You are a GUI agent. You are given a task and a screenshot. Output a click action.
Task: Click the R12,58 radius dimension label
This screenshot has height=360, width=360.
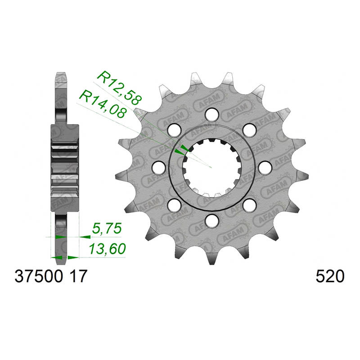(119, 88)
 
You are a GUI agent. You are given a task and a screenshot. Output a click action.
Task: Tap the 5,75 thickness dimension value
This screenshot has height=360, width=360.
(107, 229)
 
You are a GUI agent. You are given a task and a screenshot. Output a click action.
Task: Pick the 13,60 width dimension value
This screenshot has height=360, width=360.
(108, 249)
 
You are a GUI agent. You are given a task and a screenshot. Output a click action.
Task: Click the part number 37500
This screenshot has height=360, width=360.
(39, 276)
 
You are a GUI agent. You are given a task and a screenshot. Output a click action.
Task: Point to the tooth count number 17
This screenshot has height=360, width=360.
(79, 276)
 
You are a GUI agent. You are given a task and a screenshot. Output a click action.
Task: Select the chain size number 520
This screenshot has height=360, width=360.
(330, 276)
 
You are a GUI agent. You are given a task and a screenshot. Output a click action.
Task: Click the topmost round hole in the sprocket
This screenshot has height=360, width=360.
(211, 115)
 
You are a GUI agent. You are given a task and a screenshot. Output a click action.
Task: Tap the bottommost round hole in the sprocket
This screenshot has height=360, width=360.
(211, 220)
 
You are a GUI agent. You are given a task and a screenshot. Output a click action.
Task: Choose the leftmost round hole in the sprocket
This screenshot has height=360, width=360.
(159, 167)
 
